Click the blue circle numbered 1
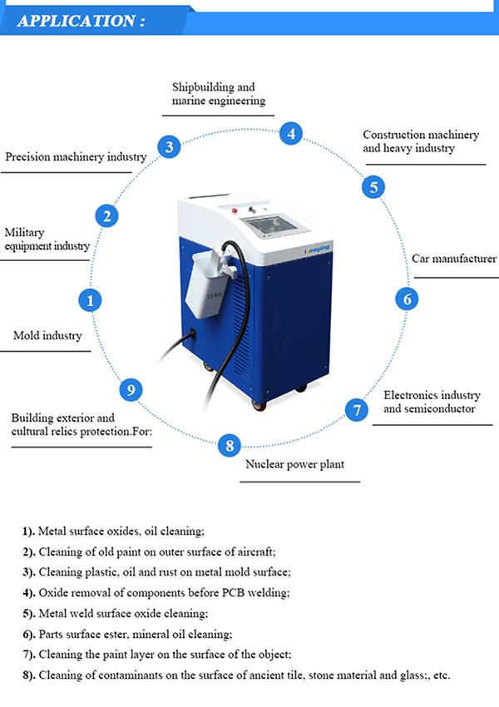[x=91, y=300]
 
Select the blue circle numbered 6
[x=406, y=298]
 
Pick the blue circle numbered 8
[x=230, y=445]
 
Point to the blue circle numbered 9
[x=131, y=389]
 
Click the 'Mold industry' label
[x=47, y=336]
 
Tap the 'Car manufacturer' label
[x=454, y=259]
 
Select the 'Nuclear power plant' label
[x=294, y=464]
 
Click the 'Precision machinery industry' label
[x=76, y=156]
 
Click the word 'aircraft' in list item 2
[x=254, y=552]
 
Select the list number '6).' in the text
[x=28, y=634]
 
